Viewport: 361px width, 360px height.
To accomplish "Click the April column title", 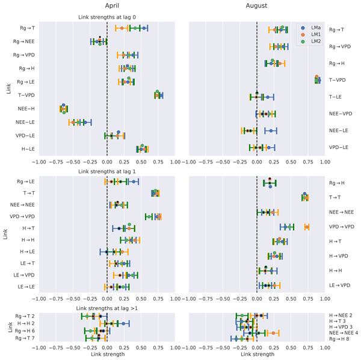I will pyautogui.click(x=108, y=5).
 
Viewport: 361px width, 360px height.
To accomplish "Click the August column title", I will pyautogui.click(x=258, y=5).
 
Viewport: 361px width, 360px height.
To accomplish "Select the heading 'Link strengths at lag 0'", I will pyautogui.click(x=108, y=17).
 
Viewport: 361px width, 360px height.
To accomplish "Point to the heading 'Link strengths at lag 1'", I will pyautogui.click(x=108, y=171).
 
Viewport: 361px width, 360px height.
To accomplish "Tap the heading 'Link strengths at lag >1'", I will pyautogui.click(x=108, y=308).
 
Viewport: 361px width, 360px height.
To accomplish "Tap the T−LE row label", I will pyautogui.click(x=336, y=96).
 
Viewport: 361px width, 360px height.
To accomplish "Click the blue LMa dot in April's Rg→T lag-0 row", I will pyautogui.click(x=145, y=28).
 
